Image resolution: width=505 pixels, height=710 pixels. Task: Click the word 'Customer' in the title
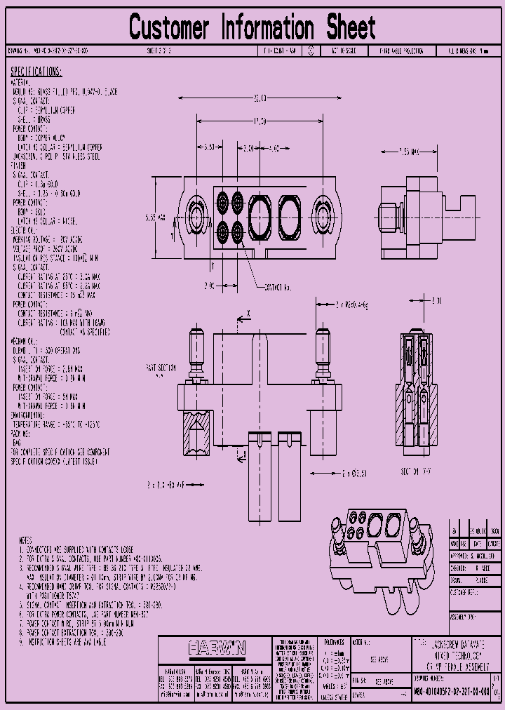[x=169, y=28]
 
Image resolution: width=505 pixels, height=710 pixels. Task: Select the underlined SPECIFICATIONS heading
[x=36, y=72]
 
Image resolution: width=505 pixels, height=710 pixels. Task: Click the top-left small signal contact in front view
[x=222, y=200]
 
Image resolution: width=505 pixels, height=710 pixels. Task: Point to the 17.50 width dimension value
[x=259, y=121]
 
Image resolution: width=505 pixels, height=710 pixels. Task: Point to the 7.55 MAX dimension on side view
[x=408, y=151]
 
